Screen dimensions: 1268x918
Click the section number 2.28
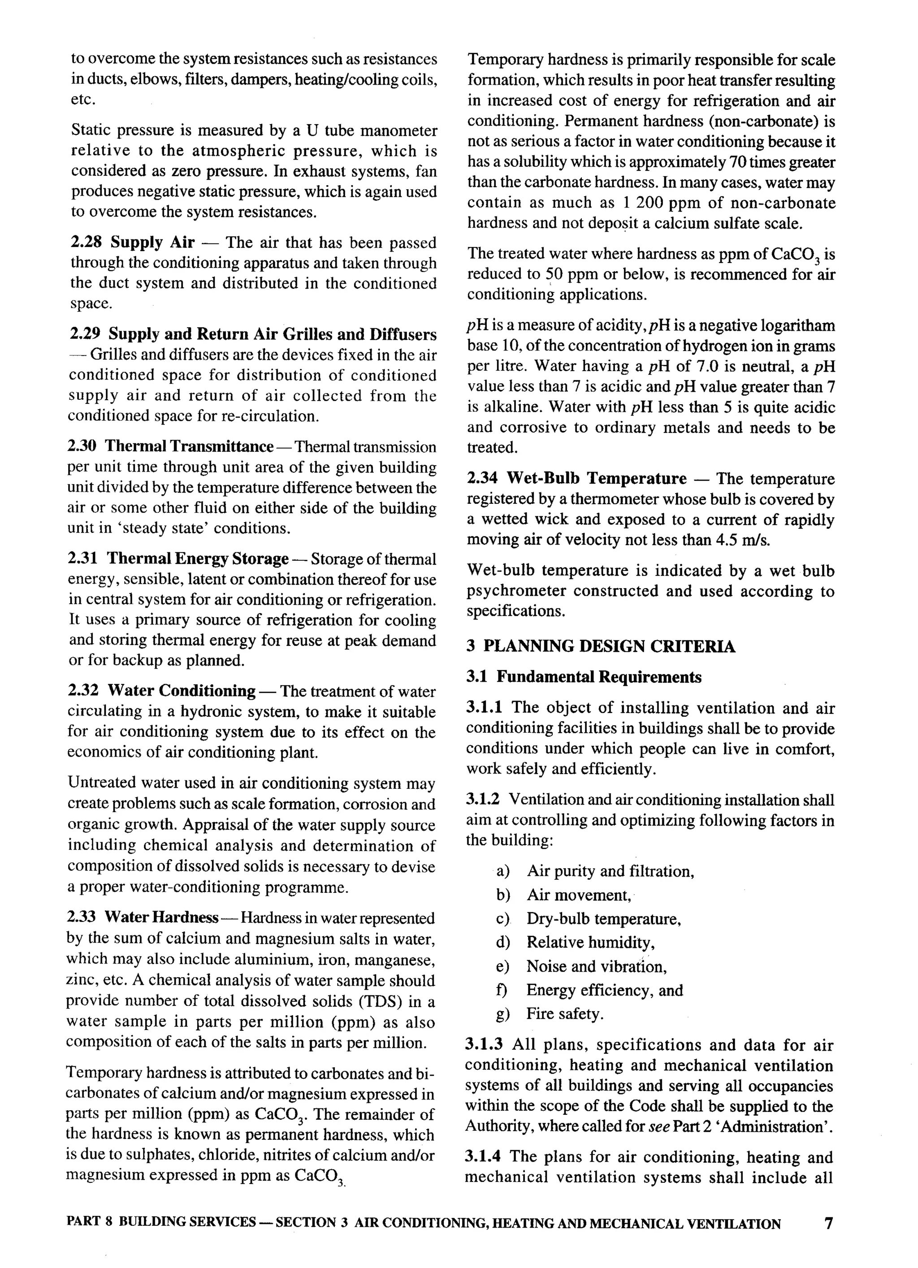[x=86, y=242]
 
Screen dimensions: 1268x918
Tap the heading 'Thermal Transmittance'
[x=189, y=447]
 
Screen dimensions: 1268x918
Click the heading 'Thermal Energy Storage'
[x=197, y=558]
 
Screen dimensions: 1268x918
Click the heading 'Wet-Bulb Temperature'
[x=596, y=479]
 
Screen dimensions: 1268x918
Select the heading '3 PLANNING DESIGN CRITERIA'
[x=601, y=646]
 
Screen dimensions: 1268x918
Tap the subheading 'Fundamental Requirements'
[x=599, y=677]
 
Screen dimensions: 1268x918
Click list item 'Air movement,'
[x=579, y=895]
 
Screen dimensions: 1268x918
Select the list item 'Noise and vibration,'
[x=596, y=967]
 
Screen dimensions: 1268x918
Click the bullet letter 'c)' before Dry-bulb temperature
[x=502, y=919]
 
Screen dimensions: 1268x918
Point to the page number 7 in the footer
[x=828, y=1224]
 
